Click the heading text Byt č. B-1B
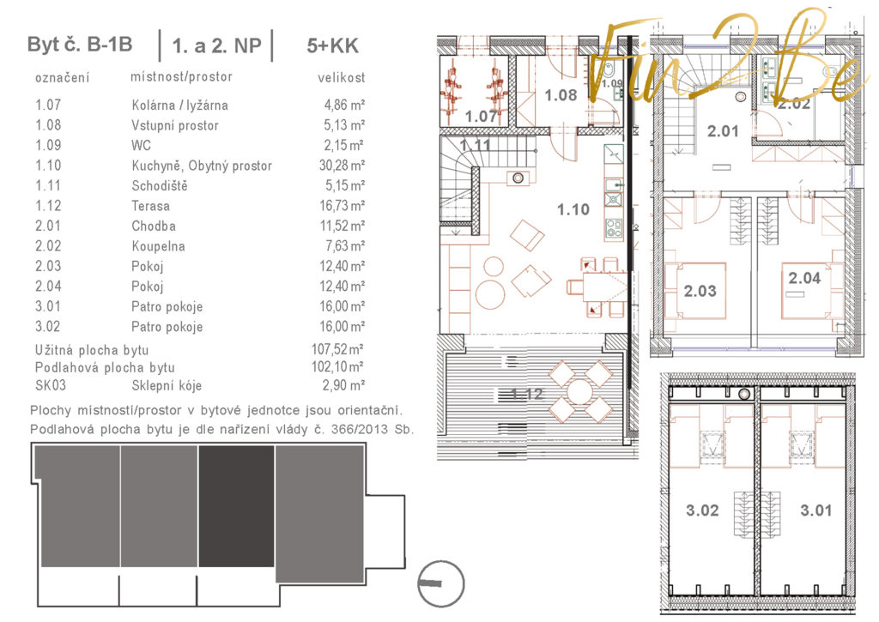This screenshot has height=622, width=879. pyautogui.click(x=80, y=45)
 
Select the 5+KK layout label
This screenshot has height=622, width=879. pyautogui.click(x=332, y=46)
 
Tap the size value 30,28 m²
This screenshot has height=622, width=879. pyautogui.click(x=342, y=166)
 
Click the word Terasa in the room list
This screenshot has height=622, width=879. pyautogui.click(x=151, y=206)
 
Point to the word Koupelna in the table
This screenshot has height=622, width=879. pyautogui.click(x=158, y=246)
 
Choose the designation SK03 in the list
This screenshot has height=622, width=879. pyautogui.click(x=51, y=385)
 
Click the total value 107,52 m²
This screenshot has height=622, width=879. pyautogui.click(x=337, y=350)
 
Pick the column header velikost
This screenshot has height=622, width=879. pyautogui.click(x=342, y=78)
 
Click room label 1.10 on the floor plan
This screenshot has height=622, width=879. pyautogui.click(x=573, y=209)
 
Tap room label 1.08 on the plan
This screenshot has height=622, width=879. pyautogui.click(x=561, y=95)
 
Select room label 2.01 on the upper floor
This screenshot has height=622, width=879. pyautogui.click(x=723, y=131)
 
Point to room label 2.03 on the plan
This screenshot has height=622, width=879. pyautogui.click(x=700, y=291)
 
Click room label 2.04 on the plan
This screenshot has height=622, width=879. pyautogui.click(x=804, y=278)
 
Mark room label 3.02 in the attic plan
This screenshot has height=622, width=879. pyautogui.click(x=702, y=510)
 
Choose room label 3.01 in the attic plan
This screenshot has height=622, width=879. pyautogui.click(x=816, y=510)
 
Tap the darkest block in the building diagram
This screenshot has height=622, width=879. pyautogui.click(x=237, y=506)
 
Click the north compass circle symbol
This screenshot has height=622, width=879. pyautogui.click(x=441, y=584)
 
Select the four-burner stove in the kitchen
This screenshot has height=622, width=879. pyautogui.click(x=614, y=228)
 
